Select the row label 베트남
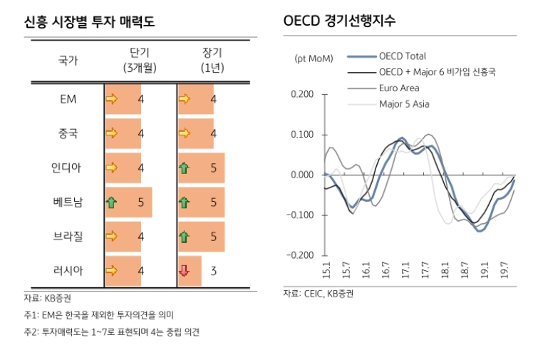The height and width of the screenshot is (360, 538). pyautogui.click(x=68, y=202)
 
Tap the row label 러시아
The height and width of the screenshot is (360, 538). pyautogui.click(x=68, y=270)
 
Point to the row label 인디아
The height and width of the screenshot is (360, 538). pyautogui.click(x=68, y=168)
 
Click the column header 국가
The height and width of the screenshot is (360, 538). pyautogui.click(x=68, y=61)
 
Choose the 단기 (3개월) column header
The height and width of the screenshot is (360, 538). pyautogui.click(x=140, y=61)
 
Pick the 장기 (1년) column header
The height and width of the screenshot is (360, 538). pyautogui.click(x=212, y=61)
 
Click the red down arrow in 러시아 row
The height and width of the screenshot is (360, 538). pyautogui.click(x=184, y=270)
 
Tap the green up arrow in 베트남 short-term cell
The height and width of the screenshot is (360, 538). pyautogui.click(x=111, y=202)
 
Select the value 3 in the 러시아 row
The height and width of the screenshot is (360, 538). pyautogui.click(x=213, y=270)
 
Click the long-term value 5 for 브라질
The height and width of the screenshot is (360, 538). pyautogui.click(x=213, y=236)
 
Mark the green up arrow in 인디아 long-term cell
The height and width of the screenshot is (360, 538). pyautogui.click(x=184, y=168)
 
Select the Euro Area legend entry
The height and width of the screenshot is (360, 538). pyautogui.click(x=399, y=88)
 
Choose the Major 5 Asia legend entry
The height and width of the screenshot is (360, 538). pyautogui.click(x=404, y=104)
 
